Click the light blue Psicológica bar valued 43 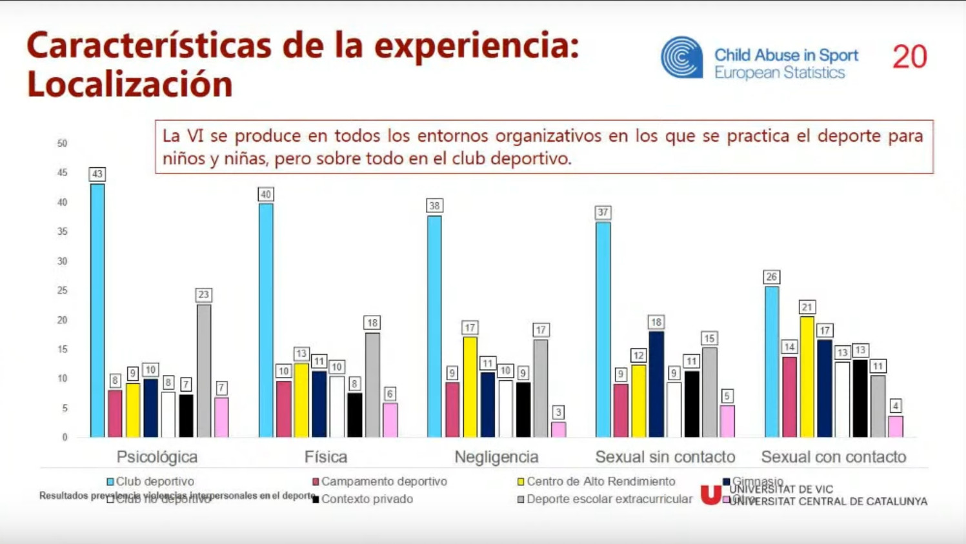pyautogui.click(x=97, y=310)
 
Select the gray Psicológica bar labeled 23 pyautogui.click(x=203, y=370)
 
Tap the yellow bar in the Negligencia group pyautogui.click(x=470, y=387)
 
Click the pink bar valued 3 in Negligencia pyautogui.click(x=558, y=429)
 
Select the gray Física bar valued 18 pyautogui.click(x=372, y=385)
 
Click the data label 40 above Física pyautogui.click(x=265, y=194)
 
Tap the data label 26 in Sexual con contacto pyautogui.click(x=771, y=277)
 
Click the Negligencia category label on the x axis pyautogui.click(x=496, y=457)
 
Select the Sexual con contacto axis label pyautogui.click(x=833, y=457)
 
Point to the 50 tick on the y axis pyautogui.click(x=62, y=143)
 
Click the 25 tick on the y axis pyautogui.click(x=62, y=290)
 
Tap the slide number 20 pyautogui.click(x=910, y=57)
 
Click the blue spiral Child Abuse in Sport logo pyautogui.click(x=681, y=57)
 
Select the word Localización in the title pyautogui.click(x=130, y=85)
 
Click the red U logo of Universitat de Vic pyautogui.click(x=710, y=494)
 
